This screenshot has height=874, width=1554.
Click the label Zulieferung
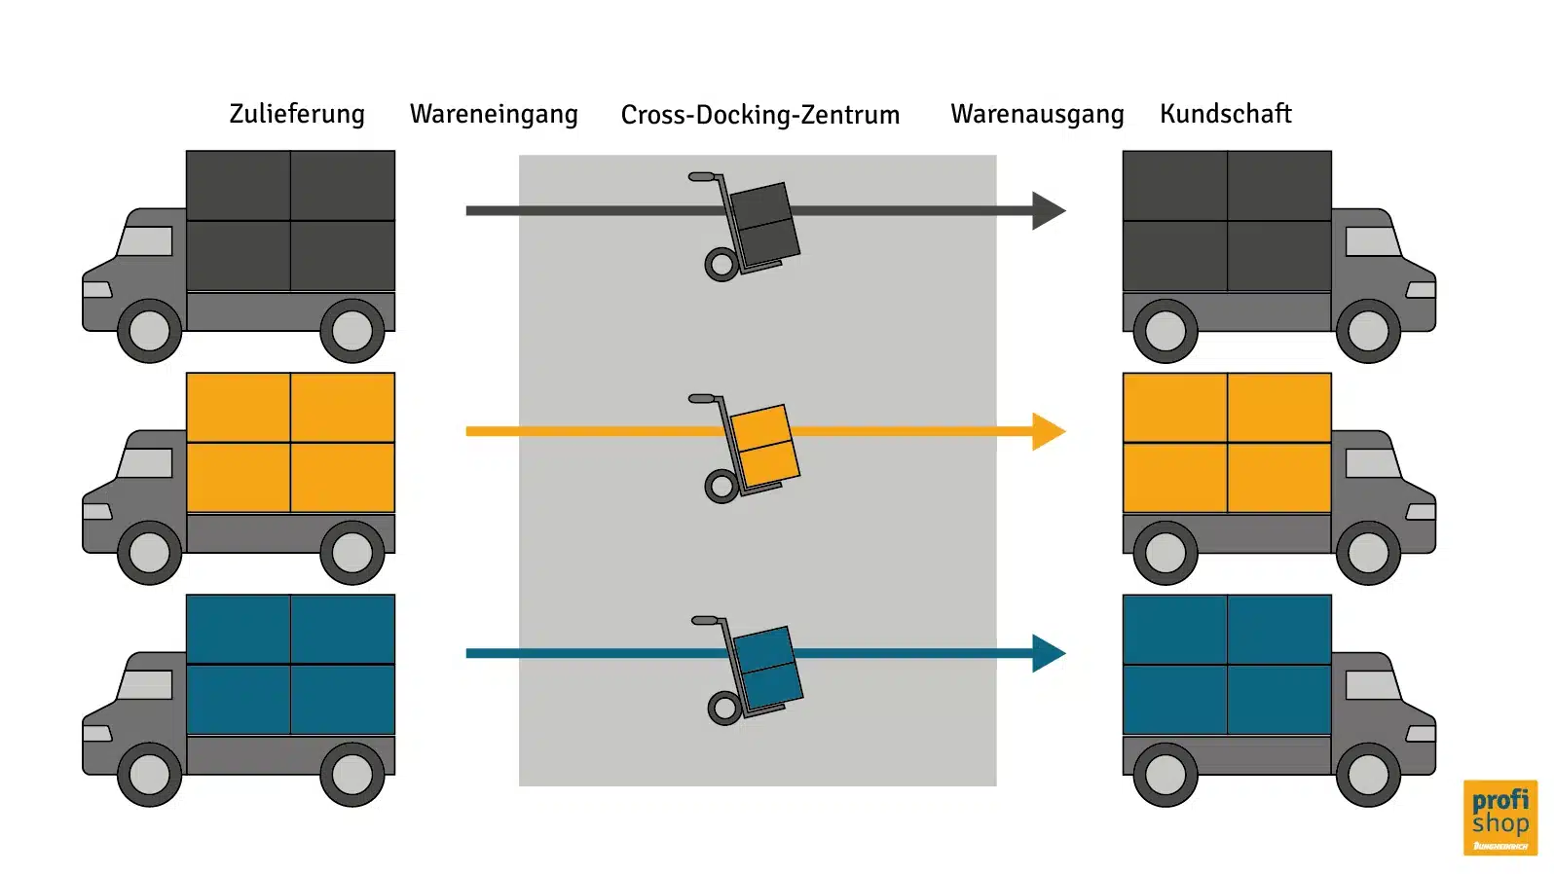coord(297,114)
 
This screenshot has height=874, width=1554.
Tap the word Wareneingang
coord(494,115)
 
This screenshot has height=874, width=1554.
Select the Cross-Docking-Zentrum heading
coord(760,115)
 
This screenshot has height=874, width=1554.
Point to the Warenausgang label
coord(1037,115)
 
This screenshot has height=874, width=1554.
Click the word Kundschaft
coord(1225,114)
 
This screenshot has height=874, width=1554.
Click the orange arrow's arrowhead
coord(1047,431)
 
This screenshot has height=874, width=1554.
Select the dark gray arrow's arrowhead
coord(1047,210)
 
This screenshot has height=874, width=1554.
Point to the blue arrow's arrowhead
coord(1047,653)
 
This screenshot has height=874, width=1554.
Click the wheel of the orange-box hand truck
coord(721,486)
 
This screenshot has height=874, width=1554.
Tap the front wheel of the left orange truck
coord(149,553)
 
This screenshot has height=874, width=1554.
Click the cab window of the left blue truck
coord(146,685)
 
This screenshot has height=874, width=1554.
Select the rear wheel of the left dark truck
coord(351,331)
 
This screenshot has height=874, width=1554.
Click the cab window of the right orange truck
coord(1372,463)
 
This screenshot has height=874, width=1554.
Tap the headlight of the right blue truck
coord(1421,734)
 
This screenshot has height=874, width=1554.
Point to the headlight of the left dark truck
coord(96,290)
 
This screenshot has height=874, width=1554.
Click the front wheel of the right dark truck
coord(1368,331)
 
